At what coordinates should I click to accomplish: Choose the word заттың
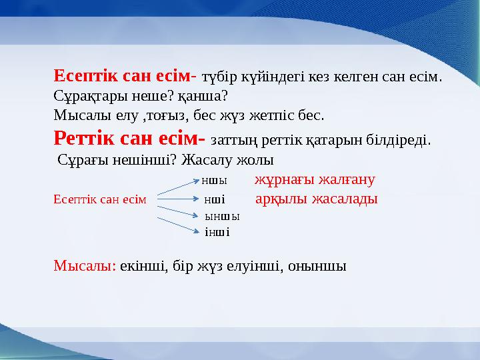tap(230, 141)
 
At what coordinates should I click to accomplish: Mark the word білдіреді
tap(398, 141)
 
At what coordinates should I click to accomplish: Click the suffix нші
tap(214, 199)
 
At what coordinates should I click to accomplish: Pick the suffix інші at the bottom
tap(217, 232)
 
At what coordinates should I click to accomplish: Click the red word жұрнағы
tap(283, 180)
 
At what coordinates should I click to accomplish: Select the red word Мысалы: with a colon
tap(85, 266)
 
